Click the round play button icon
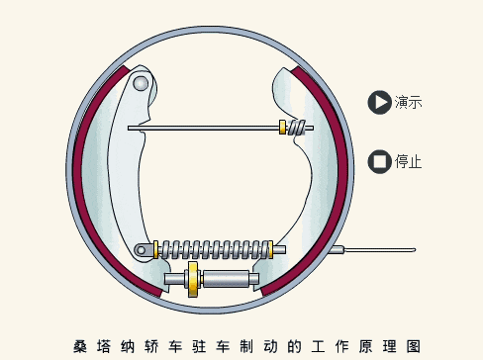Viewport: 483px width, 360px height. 379,101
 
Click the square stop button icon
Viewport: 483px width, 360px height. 379,161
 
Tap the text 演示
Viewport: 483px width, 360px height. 409,102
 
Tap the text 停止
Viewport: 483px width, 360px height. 409,161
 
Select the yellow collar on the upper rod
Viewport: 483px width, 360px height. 284,127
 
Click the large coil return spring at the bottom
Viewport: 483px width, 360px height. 215,249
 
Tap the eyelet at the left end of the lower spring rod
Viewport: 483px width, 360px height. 145,249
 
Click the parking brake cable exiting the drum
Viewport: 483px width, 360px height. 386,252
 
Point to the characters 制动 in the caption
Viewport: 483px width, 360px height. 252,346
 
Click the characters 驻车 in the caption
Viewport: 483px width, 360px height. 205,346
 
